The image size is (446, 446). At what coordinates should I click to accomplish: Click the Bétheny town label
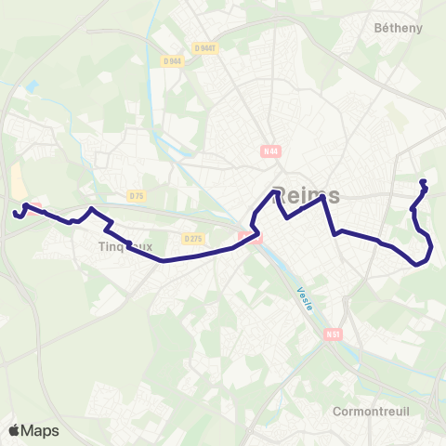pos(398,28)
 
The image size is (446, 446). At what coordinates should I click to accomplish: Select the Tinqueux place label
pos(125,247)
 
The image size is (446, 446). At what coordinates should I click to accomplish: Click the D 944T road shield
pos(205,48)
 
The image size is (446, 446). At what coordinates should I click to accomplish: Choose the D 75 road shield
pos(137,195)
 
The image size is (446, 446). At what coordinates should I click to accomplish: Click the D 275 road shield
pos(193,239)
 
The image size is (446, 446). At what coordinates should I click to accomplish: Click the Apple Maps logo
pos(34,430)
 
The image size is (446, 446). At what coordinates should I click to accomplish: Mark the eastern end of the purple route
pos(424,181)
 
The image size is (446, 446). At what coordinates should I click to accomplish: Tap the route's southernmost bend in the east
pos(418,263)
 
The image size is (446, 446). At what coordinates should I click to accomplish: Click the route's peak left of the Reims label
pos(275,191)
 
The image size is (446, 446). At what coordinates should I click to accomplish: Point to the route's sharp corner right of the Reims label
pos(324,197)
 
